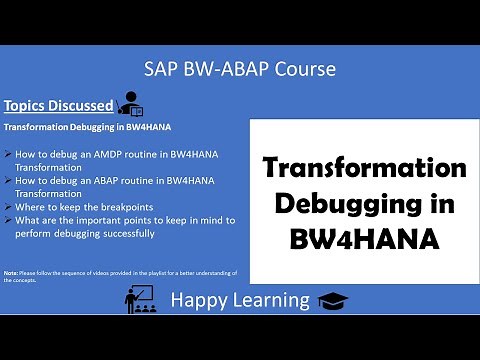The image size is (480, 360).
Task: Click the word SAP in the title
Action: click(x=165, y=69)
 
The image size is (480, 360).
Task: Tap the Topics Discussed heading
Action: click(x=58, y=105)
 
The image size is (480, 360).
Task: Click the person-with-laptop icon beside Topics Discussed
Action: click(x=131, y=102)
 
